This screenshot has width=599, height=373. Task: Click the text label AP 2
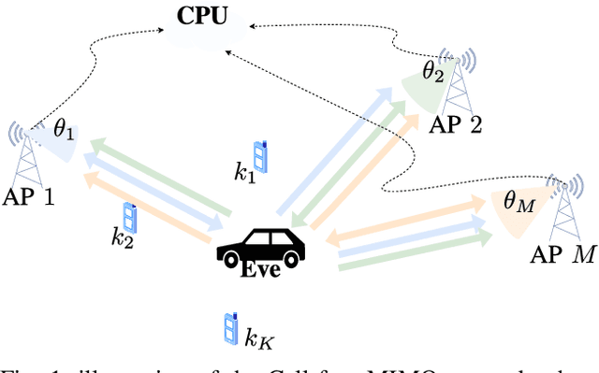456,124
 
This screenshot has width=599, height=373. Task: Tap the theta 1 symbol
63,131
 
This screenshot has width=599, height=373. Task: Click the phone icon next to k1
262,157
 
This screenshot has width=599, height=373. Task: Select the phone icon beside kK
229,328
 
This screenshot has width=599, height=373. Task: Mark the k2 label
122,238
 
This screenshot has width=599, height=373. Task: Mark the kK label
256,333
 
